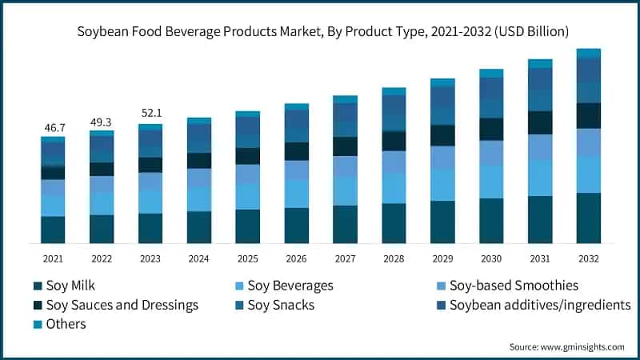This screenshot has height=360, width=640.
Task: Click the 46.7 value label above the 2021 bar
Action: click(x=53, y=127)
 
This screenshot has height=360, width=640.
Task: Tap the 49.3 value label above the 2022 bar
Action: click(x=102, y=122)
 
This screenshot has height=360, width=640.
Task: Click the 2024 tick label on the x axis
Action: click(x=199, y=258)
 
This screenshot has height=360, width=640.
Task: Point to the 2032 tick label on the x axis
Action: click(x=588, y=258)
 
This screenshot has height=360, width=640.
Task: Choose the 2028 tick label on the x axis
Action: click(x=394, y=258)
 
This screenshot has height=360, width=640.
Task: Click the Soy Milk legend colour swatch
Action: click(x=38, y=286)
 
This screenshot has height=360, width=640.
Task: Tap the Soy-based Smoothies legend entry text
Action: click(x=514, y=286)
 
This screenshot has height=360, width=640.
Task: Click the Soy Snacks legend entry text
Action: click(x=281, y=305)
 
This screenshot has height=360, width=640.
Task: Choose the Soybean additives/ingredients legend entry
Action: click(x=540, y=305)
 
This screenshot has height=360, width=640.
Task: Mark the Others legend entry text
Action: click(x=66, y=324)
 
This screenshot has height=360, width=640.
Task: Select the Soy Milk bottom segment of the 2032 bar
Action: click(x=588, y=218)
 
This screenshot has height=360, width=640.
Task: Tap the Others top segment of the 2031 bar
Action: click(x=540, y=63)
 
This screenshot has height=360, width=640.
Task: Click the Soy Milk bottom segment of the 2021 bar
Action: click(x=53, y=230)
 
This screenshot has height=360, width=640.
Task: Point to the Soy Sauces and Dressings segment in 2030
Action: click(x=491, y=129)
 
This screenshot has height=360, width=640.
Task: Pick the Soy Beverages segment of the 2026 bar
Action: click(x=297, y=194)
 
